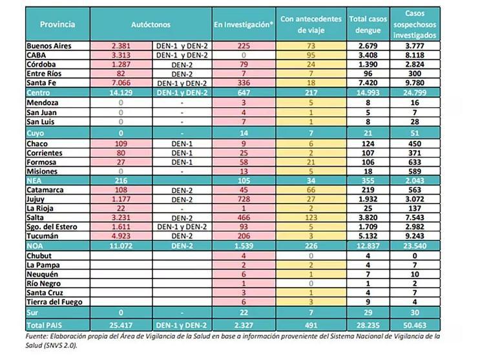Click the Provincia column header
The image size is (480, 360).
tap(57, 25)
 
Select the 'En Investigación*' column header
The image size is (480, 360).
tap(245, 25)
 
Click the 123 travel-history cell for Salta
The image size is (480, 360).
tap(310, 218)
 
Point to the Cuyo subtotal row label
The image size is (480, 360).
tap(36, 131)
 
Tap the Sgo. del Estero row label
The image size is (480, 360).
tap(53, 228)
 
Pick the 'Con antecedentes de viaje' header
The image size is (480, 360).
tap(311, 25)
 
